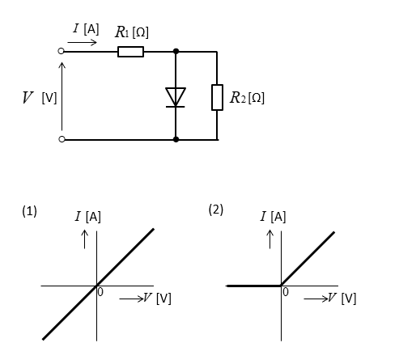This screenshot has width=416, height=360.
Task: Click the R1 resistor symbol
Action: (x=130, y=52)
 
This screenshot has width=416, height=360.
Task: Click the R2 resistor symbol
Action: (x=217, y=97)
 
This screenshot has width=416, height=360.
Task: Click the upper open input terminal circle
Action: (x=61, y=51)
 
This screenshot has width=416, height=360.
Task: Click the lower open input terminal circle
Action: (x=62, y=139)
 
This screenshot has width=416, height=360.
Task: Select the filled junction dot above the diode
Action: (x=176, y=51)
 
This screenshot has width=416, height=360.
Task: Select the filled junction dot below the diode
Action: (x=176, y=139)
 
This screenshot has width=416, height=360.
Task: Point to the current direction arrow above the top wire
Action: (x=82, y=42)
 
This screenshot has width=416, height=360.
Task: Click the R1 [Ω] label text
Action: (x=132, y=32)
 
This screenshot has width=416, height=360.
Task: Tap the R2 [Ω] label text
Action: (x=247, y=98)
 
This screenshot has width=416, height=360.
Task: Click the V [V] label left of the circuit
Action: (x=40, y=98)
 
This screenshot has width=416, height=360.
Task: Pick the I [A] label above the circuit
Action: (x=86, y=29)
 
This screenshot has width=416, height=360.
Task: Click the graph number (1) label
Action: (x=29, y=211)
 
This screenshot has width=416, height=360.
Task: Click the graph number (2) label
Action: (x=216, y=210)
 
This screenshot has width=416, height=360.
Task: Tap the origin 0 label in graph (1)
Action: (x=100, y=292)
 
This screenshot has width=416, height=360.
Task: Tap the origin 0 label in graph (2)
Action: (x=286, y=292)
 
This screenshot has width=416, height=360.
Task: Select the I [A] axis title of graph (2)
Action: (x=273, y=217)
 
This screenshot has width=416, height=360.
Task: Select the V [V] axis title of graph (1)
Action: (x=157, y=299)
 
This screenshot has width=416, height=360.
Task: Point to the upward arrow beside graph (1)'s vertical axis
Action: (x=85, y=239)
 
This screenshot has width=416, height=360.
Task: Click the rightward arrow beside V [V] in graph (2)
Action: (x=316, y=299)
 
